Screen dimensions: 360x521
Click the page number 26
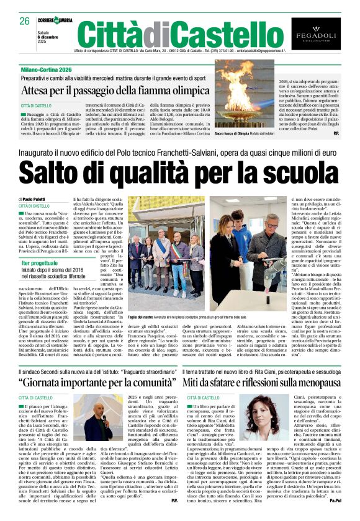tap(24, 20)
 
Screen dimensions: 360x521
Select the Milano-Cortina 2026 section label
tap(45, 71)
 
